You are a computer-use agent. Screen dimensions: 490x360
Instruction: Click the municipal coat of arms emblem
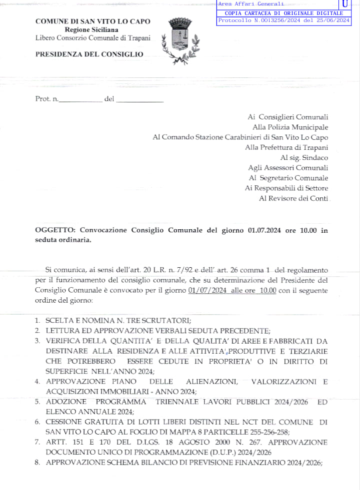coord(179,40)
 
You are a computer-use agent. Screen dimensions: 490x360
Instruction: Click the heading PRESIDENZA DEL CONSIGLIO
coord(89,54)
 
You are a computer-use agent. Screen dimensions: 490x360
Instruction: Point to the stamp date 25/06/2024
coord(332,20)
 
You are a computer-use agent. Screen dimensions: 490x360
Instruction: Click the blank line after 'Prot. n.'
coord(80,100)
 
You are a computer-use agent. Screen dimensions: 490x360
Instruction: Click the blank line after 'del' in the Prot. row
coord(139,100)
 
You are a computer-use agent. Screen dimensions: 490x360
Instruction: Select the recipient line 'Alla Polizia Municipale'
coord(290,127)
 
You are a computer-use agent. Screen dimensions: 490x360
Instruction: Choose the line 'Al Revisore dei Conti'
coord(293,198)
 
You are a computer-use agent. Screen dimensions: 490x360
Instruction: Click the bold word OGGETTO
coord(54,230)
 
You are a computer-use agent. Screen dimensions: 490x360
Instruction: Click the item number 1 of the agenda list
coord(37,321)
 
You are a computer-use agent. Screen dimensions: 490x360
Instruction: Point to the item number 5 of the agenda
coord(37,402)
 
